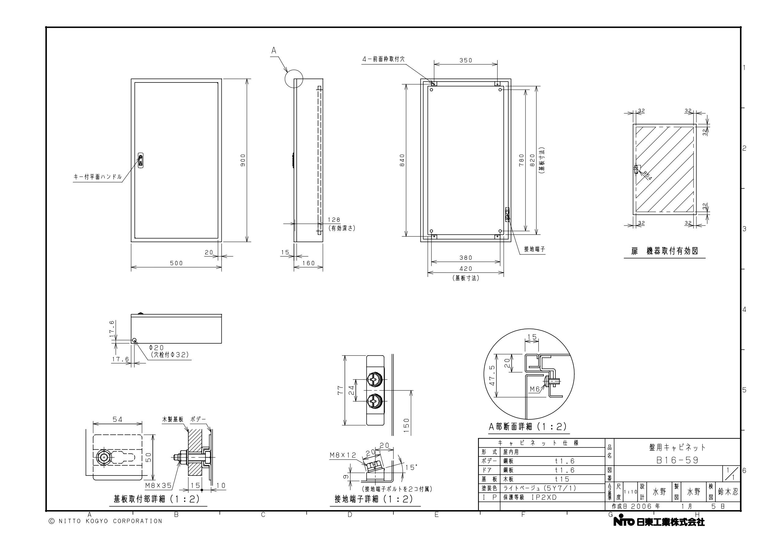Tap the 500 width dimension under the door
[x=176, y=263]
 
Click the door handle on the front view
[x=141, y=161]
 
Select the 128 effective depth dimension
[x=334, y=220]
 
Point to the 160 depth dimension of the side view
[x=309, y=263]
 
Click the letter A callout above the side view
[x=274, y=51]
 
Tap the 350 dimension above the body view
[x=466, y=60]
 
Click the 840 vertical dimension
[x=402, y=160]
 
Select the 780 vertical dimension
[x=522, y=160]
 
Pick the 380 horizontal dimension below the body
[x=466, y=258]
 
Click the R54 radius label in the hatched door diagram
[x=647, y=176]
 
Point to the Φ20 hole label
[x=156, y=347]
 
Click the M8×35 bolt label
[x=158, y=486]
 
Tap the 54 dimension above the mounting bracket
[x=118, y=419]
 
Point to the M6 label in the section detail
[x=535, y=389]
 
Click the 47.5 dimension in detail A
[x=492, y=376]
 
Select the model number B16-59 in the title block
[x=677, y=460]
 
